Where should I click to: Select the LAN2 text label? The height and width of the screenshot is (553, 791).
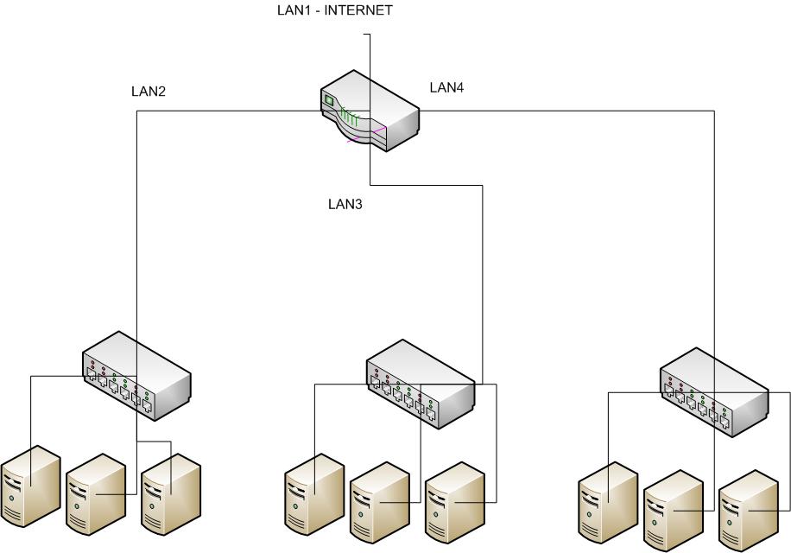[148, 91]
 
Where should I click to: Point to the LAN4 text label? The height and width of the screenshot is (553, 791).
[447, 87]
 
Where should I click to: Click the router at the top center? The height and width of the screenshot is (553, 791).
[369, 111]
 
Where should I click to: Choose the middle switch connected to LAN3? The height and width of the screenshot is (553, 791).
[421, 384]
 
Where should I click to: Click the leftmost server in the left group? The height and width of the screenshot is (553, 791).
[31, 486]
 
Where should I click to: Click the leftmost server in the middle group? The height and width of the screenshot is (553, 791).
[314, 494]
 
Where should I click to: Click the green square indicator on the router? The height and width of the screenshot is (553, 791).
[328, 100]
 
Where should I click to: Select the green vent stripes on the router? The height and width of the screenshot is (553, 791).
[348, 117]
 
